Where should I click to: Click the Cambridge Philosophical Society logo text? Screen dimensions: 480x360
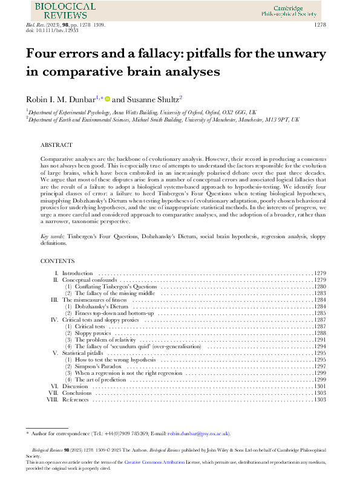(290, 9)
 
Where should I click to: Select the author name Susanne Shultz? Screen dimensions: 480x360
(153, 99)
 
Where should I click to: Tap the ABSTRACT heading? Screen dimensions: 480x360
(56, 146)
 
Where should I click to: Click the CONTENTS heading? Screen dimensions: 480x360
(57, 261)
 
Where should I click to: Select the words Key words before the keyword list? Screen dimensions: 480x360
(53, 236)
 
